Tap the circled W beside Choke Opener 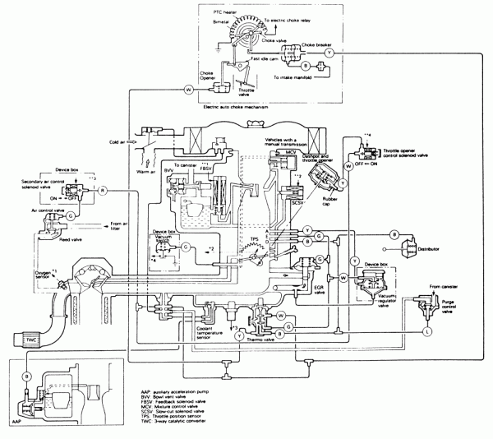[x=188, y=88]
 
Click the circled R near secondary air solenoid [x=104, y=190]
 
